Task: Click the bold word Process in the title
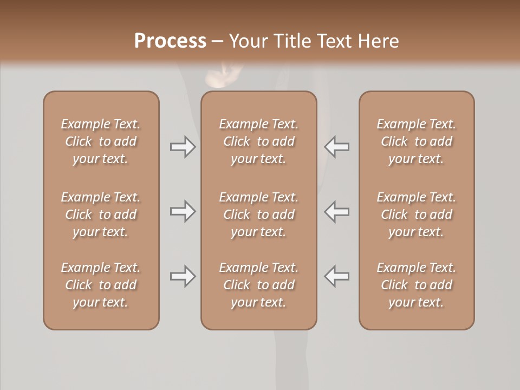(x=170, y=41)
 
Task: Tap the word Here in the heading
(x=378, y=41)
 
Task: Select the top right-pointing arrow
(x=183, y=147)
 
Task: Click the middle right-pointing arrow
(x=183, y=211)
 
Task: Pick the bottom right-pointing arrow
(x=183, y=276)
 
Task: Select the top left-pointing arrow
(x=337, y=147)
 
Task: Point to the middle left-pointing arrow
(x=337, y=211)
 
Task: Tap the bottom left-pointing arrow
(x=337, y=276)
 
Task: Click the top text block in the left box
(x=101, y=141)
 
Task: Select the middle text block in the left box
(x=101, y=214)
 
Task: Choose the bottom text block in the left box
(x=101, y=285)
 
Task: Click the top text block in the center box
(x=258, y=141)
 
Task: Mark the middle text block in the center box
(x=258, y=214)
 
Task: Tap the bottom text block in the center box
(x=258, y=285)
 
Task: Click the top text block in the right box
(x=416, y=141)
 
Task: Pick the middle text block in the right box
(x=416, y=214)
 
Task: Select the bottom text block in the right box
(x=416, y=285)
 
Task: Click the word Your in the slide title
(x=249, y=41)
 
